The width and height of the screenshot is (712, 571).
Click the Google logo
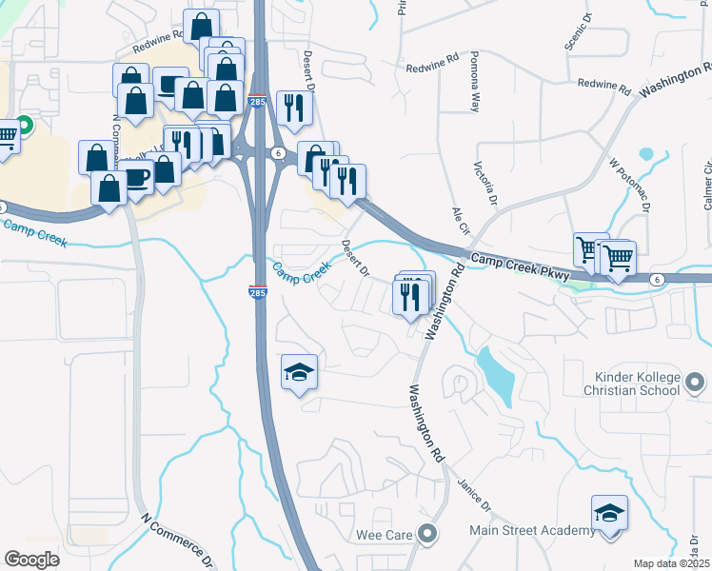(32, 560)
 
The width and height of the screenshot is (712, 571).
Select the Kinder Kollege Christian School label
(632, 384)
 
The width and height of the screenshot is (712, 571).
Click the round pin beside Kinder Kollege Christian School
(696, 383)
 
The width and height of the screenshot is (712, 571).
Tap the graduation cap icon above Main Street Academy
(609, 514)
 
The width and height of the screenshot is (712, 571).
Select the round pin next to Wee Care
(427, 534)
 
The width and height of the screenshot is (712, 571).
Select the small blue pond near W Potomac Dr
(647, 153)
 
